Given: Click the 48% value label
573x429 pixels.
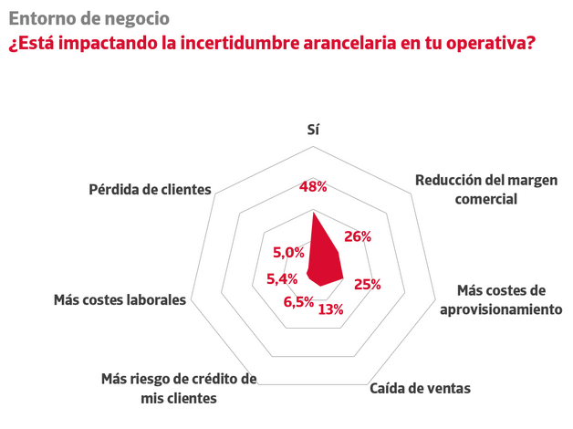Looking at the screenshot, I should tap(313, 187).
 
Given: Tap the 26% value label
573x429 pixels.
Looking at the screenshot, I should tap(357, 236).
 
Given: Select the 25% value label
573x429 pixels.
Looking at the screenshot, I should tap(367, 284).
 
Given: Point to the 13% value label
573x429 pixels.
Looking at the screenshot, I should tap(331, 309).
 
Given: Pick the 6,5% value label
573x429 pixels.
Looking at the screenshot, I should tap(298, 301).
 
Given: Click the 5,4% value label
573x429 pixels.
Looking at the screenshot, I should tap(283, 278).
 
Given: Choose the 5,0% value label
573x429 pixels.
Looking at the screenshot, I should tap(288, 252).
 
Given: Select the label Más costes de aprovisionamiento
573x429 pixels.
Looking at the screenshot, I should tap(500, 299).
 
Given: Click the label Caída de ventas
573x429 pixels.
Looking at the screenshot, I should tap(420, 388).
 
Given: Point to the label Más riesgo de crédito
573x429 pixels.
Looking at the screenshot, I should tap(179, 388).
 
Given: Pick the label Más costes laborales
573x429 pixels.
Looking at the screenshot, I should tap(120, 299).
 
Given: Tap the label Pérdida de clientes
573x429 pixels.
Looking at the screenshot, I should tap(151, 190).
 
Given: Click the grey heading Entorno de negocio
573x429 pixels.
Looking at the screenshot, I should tap(89, 17).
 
